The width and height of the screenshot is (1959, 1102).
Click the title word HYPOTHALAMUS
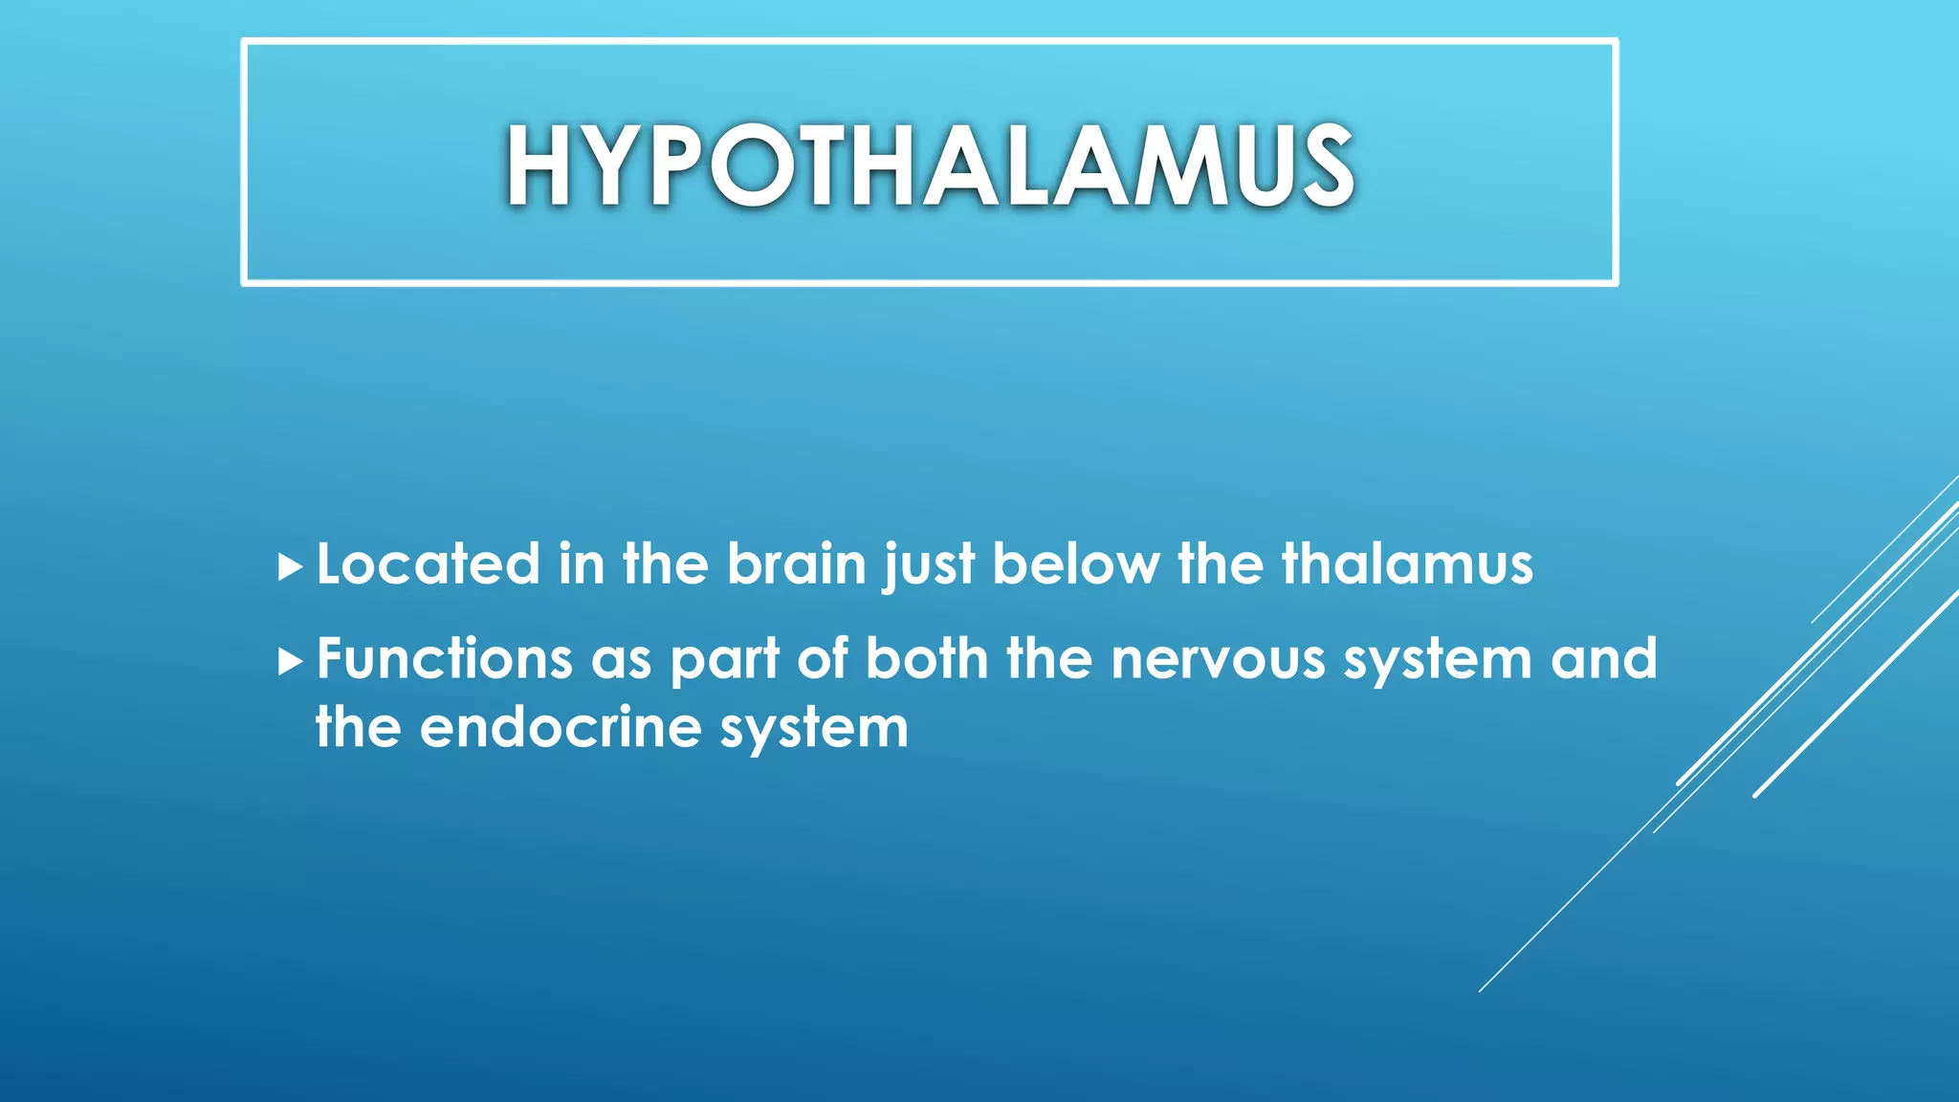930,166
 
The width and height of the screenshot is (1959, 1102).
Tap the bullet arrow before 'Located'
290,567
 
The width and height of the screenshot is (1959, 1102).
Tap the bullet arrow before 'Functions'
290,662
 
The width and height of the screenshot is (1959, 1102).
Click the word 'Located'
428,564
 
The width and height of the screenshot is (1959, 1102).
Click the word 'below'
1075,564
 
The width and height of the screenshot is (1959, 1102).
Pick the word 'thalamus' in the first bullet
1407,564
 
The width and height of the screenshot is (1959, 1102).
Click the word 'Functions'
444,659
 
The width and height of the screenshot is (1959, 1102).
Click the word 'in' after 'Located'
582,564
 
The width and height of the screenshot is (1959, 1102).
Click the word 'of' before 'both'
822,659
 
